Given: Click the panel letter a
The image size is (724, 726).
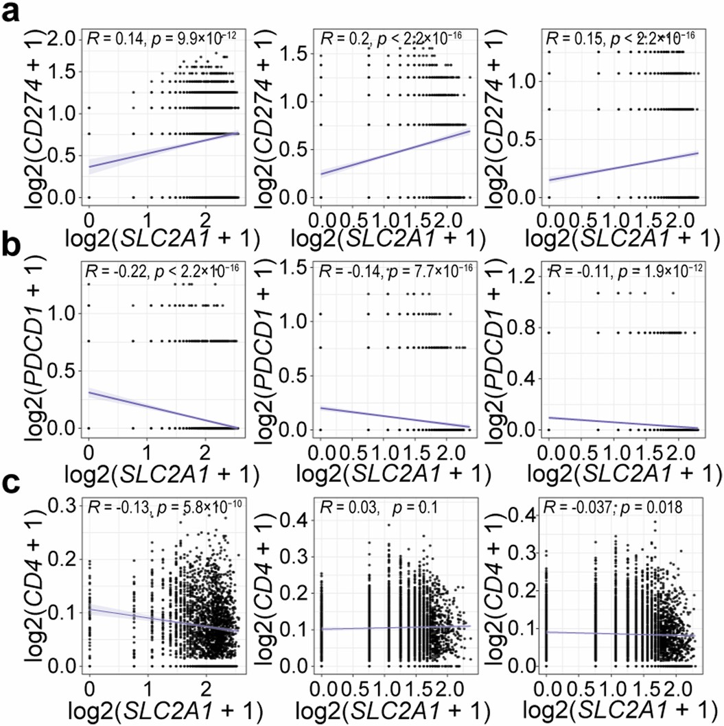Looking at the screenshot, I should click(12, 14).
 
